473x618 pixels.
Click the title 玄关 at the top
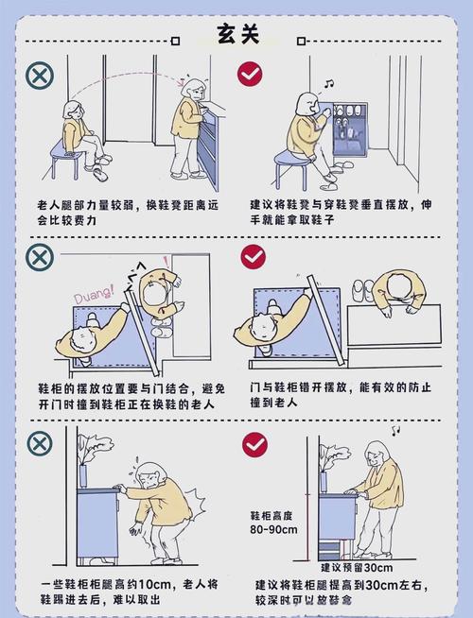click(238, 34)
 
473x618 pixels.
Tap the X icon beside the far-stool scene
click(40, 76)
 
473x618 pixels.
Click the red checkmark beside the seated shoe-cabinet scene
click(250, 74)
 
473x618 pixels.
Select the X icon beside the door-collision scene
click(40, 257)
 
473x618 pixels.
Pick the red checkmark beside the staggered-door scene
click(254, 257)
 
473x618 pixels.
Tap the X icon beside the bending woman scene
click(40, 443)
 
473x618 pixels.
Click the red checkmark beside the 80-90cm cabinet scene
click(254, 444)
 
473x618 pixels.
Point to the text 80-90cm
click(273, 529)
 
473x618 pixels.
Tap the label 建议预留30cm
click(357, 568)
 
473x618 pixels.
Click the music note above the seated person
click(328, 83)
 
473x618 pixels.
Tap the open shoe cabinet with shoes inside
click(350, 129)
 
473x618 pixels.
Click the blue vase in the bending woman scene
click(82, 476)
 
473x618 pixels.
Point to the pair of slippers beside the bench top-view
click(363, 290)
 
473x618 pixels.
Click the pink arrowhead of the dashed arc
click(183, 82)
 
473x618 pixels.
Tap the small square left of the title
click(176, 41)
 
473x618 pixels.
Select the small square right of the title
click(302, 41)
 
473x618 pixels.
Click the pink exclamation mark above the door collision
click(166, 262)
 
